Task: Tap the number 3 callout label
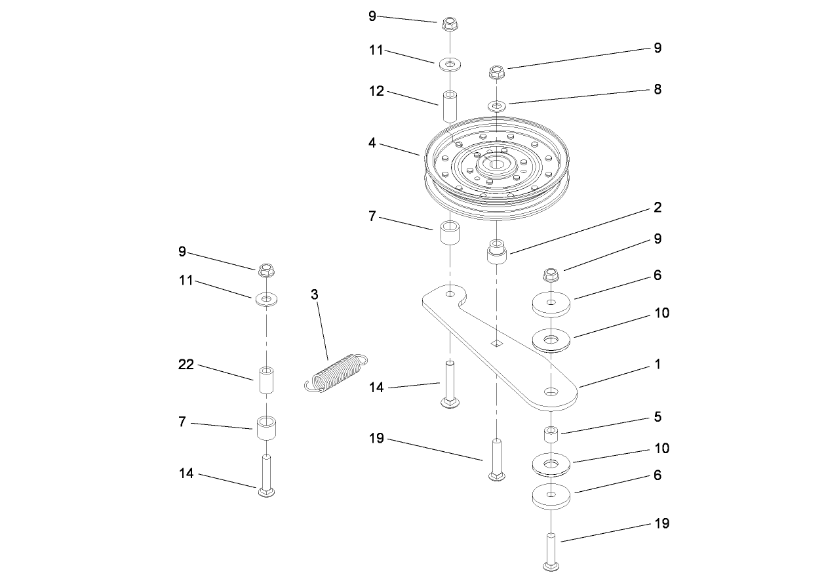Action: tap(315, 294)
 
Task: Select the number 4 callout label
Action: tap(372, 142)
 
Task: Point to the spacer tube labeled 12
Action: tap(449, 107)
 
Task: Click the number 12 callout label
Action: tap(376, 91)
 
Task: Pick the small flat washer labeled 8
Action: tap(497, 105)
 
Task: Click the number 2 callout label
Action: tap(658, 208)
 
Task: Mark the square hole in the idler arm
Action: tap(498, 343)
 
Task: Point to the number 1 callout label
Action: tap(658, 364)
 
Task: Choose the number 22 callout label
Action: tap(187, 365)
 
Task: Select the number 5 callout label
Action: tap(658, 417)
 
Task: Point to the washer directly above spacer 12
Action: tap(449, 64)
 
